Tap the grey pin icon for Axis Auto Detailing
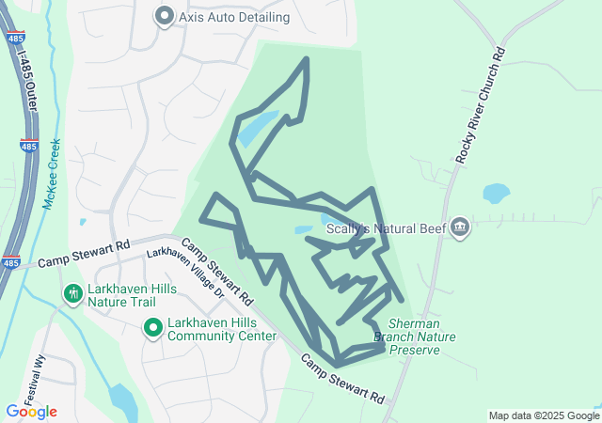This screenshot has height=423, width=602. click(x=165, y=16)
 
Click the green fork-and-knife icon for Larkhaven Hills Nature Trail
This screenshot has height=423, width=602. click(x=72, y=294)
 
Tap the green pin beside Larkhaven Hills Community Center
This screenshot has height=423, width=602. click(x=151, y=328)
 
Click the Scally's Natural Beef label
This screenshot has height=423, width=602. click(x=386, y=227)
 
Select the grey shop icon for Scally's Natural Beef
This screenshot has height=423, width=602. click(x=460, y=227)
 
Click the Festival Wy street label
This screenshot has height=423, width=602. click(x=40, y=363)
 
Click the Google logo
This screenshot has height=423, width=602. click(x=31, y=412)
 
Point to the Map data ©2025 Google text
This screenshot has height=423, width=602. click(x=544, y=415)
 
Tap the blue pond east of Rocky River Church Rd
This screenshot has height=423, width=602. click(x=496, y=195)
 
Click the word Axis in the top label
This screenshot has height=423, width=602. click(x=195, y=17)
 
